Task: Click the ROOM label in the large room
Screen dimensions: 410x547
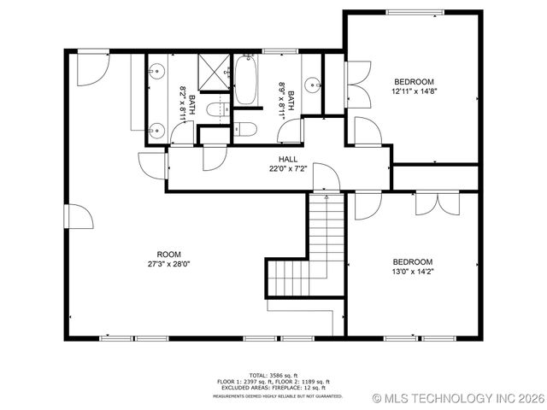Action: coord(168,254)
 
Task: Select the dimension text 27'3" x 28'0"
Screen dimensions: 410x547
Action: coord(168,264)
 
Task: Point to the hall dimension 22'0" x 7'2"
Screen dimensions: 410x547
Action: coord(287,168)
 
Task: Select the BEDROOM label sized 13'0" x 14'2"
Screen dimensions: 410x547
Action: coord(413,262)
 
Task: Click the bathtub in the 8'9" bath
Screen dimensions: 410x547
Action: coord(245,80)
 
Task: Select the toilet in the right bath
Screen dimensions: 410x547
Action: coord(245,129)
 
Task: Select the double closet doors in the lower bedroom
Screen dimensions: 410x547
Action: coord(432,203)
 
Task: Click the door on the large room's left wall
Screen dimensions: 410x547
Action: coord(79,215)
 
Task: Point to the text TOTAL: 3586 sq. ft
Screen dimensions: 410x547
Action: coord(273,375)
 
